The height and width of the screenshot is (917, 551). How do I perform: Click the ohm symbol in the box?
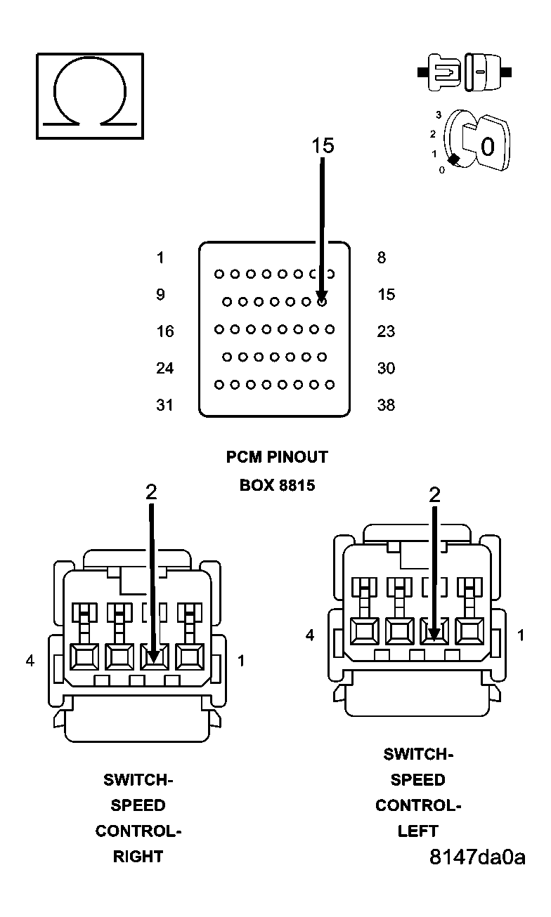89,95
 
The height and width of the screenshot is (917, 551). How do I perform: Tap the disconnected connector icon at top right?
465,72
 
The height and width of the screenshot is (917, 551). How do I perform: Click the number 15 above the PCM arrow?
323,145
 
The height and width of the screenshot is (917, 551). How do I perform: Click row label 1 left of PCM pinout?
160,258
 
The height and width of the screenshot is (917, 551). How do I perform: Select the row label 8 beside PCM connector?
382,258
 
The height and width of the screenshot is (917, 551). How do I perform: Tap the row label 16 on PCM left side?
165,331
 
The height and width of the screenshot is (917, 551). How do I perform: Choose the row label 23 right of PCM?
386,331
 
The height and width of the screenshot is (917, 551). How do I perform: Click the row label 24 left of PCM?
165,368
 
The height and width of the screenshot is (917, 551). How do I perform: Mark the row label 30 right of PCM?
386,368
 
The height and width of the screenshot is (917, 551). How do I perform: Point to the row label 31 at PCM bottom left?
165,405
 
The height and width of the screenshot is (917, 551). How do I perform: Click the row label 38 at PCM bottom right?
386,405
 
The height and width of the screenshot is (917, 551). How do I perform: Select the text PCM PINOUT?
277,457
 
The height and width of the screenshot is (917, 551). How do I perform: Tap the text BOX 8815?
277,485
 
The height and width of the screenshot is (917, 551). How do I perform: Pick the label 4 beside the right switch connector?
30,661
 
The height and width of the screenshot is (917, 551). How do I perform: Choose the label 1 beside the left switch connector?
521,635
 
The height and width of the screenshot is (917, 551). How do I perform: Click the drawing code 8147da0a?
477,857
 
